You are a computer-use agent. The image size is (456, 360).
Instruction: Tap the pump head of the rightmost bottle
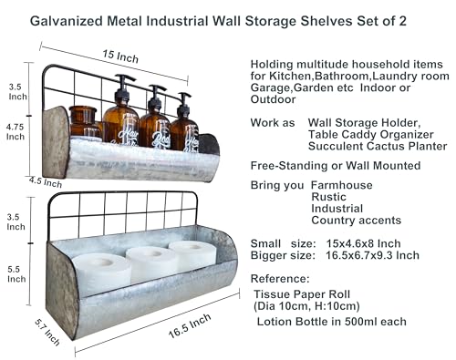pos(183,97)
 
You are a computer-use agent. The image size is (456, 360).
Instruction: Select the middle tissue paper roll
pos(151,264)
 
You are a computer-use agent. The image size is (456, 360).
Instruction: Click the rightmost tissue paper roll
pos(192,255)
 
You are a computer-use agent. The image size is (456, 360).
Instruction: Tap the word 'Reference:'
pos(282,279)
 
